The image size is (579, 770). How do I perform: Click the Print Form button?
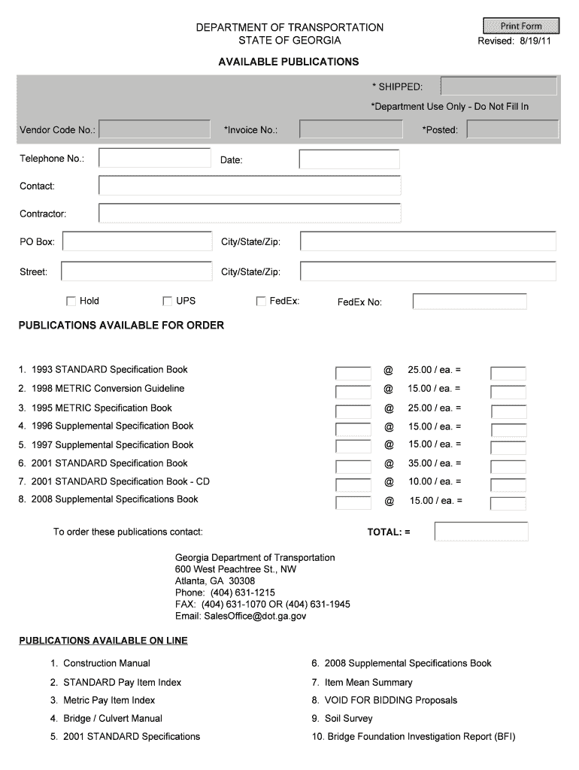(521, 26)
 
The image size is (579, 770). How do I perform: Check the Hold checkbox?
(71, 302)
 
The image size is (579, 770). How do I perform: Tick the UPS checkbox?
(168, 302)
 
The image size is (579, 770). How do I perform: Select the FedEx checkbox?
(261, 302)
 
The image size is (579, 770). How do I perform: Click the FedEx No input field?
(469, 302)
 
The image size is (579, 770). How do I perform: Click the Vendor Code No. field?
(155, 129)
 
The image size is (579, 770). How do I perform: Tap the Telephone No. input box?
(155, 158)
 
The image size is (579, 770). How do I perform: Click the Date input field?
(349, 159)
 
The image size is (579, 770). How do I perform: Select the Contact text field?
(250, 185)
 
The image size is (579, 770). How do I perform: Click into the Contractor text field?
(250, 214)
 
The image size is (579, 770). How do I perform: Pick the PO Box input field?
(138, 241)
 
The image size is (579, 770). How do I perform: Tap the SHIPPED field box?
(499, 86)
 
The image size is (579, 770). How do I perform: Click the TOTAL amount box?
(481, 532)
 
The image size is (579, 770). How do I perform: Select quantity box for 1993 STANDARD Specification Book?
(353, 374)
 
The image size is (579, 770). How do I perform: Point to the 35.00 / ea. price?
(434, 463)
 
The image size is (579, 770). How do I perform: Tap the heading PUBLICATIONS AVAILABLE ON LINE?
(103, 641)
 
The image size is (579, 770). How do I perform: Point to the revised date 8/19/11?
(535, 41)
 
